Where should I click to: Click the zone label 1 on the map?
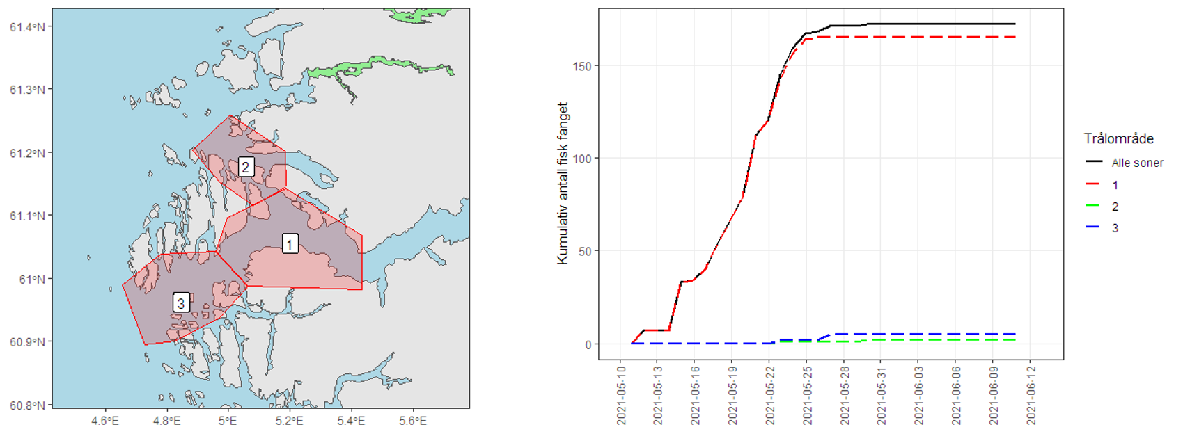290,243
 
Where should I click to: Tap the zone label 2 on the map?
245,167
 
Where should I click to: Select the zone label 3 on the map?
181,303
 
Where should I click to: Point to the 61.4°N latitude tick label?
27,27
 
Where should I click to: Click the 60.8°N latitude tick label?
27,405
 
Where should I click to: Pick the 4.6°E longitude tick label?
104,421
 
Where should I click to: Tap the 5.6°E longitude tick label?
413,421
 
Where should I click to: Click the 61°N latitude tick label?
32,279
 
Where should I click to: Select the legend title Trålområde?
1118,138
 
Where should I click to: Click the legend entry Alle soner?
1137,163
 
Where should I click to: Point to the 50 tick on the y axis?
585,251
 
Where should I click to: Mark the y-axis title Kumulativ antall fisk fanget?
563,184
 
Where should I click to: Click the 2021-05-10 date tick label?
621,394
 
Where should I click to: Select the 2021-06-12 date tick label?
1031,394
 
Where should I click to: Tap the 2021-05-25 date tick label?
808,394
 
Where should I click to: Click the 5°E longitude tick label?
228,421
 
